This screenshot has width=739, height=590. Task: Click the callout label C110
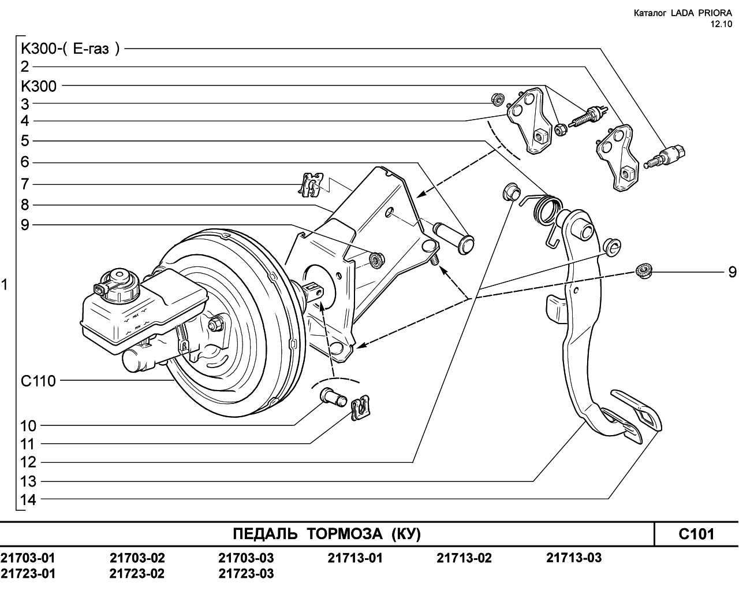[38, 381]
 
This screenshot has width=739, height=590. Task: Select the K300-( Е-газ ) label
[70, 49]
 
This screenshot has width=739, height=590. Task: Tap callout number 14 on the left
[28, 500]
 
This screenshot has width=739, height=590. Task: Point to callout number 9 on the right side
[732, 272]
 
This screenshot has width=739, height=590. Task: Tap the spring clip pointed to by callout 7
[311, 185]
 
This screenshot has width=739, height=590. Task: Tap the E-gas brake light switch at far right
[665, 157]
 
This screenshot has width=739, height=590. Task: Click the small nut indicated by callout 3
[498, 99]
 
